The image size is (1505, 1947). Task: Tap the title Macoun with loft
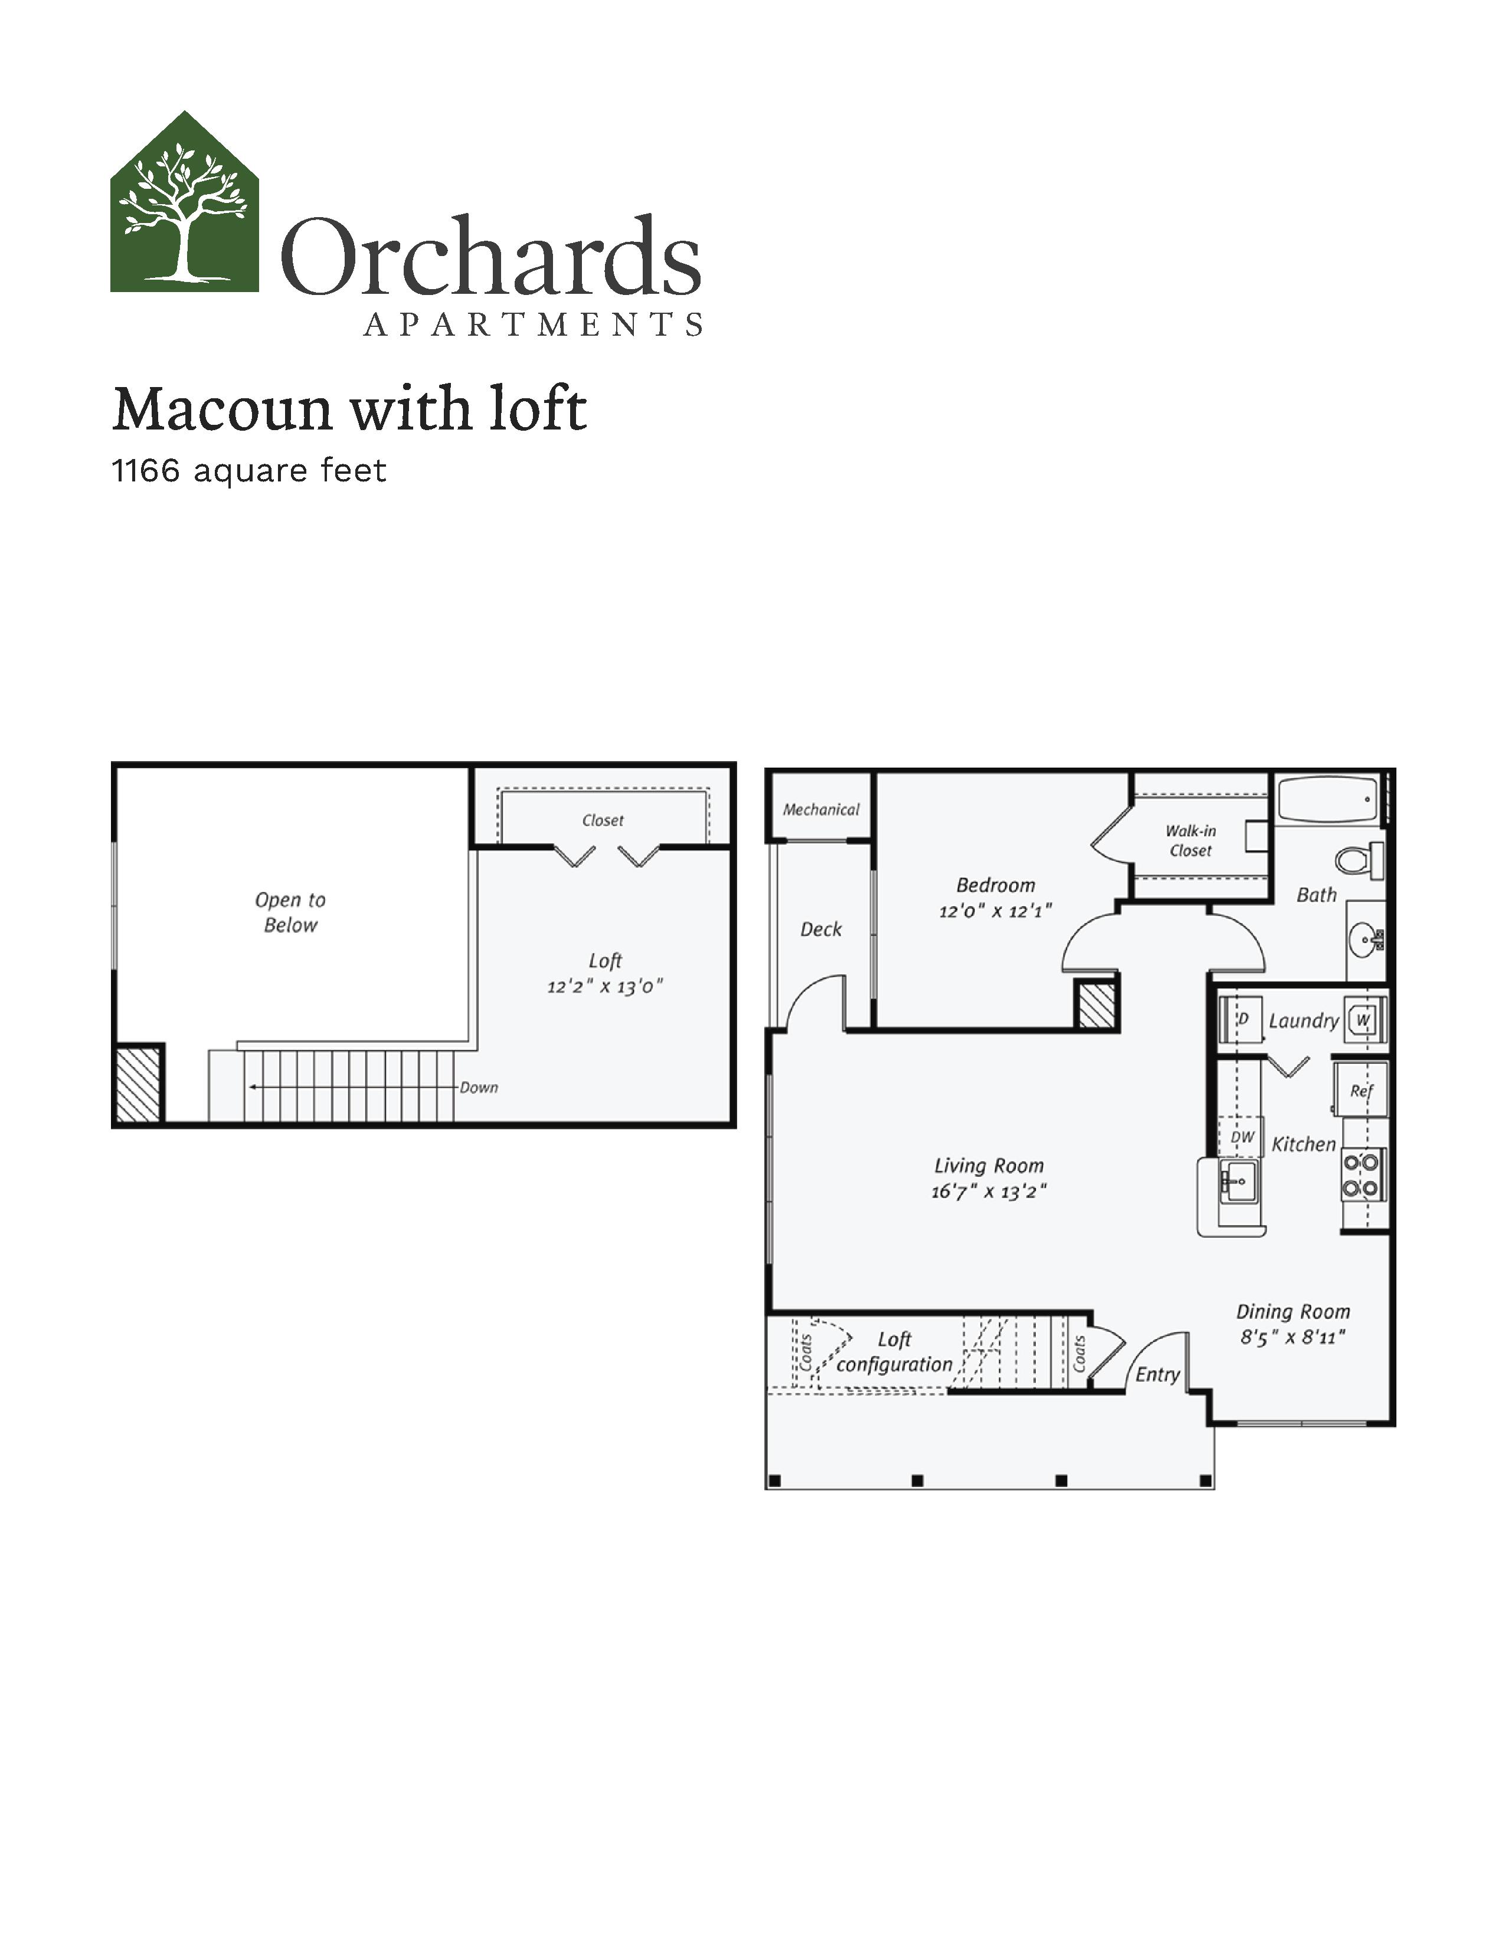point(349,409)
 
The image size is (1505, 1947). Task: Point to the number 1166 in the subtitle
point(145,471)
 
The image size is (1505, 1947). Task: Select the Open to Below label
point(290,912)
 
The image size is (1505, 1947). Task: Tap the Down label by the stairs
point(479,1087)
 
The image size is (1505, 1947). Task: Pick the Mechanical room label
point(821,809)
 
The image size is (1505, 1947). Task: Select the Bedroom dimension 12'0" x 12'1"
point(996,911)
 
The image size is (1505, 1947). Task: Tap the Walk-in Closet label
point(1191,841)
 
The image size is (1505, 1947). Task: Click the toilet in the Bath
point(1359,860)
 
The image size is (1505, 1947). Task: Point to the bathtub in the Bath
point(1329,799)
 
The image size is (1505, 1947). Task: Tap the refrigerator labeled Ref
point(1360,1089)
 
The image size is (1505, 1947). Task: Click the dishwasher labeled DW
point(1241,1138)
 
